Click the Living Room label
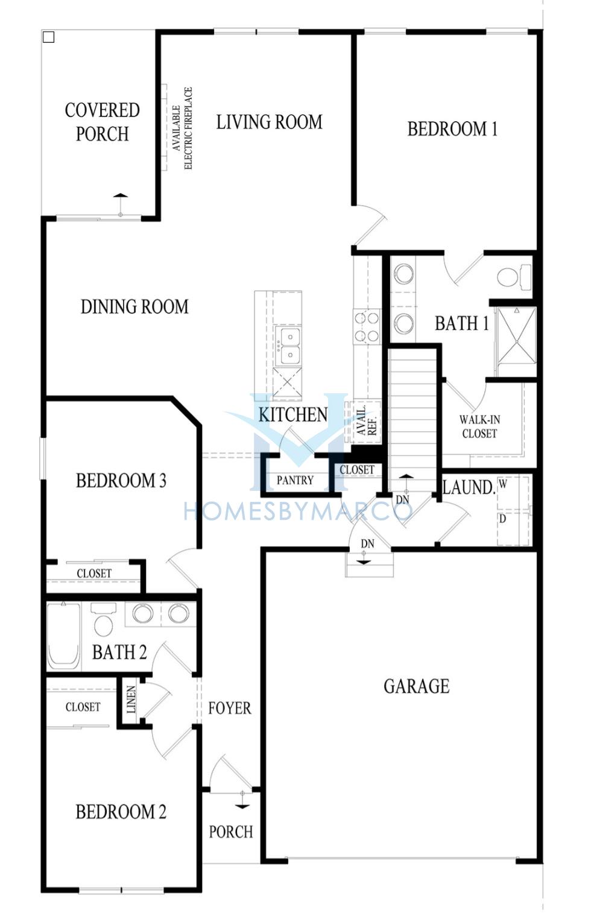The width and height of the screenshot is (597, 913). click(269, 122)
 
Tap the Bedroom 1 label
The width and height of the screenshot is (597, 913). click(452, 129)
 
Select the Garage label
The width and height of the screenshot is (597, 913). click(417, 686)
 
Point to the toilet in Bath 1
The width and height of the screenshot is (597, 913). click(514, 276)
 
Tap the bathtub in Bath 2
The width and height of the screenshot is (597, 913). click(63, 636)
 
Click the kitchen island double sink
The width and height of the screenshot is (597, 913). click(288, 345)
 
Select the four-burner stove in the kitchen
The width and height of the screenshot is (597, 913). click(367, 326)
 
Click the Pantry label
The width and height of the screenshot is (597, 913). click(295, 480)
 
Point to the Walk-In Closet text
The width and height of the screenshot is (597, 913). click(479, 426)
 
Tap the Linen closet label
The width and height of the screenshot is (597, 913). click(131, 700)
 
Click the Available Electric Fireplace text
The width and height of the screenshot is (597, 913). click(182, 128)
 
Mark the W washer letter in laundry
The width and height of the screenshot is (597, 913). click(504, 484)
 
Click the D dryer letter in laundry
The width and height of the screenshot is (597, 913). click(503, 519)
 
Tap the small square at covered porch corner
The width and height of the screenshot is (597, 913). click(49, 37)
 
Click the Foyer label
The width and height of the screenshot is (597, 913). click(230, 708)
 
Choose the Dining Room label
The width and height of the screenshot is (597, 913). click(134, 306)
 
